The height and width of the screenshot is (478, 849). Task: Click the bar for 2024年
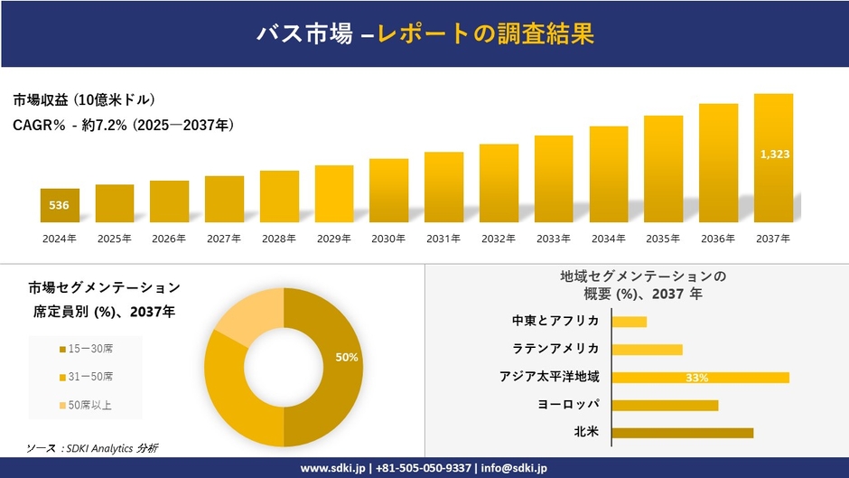click(x=60, y=206)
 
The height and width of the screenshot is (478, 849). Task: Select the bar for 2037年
click(x=774, y=158)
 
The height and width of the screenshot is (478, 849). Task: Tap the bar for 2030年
click(x=388, y=191)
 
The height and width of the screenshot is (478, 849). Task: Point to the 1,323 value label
click(x=775, y=155)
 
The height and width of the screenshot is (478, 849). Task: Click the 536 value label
click(x=59, y=205)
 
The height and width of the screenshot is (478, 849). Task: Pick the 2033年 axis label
click(x=554, y=239)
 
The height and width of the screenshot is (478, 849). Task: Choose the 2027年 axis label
click(x=224, y=239)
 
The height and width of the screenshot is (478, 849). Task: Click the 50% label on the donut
click(x=347, y=358)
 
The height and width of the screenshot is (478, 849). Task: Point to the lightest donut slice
click(x=248, y=316)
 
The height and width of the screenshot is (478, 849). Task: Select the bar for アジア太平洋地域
click(x=700, y=378)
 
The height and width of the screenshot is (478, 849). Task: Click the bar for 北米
click(x=682, y=433)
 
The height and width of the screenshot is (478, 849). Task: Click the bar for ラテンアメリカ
click(x=647, y=349)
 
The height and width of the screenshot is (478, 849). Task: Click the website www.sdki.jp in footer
click(x=332, y=468)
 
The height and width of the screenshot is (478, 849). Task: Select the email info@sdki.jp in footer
click(x=514, y=468)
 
